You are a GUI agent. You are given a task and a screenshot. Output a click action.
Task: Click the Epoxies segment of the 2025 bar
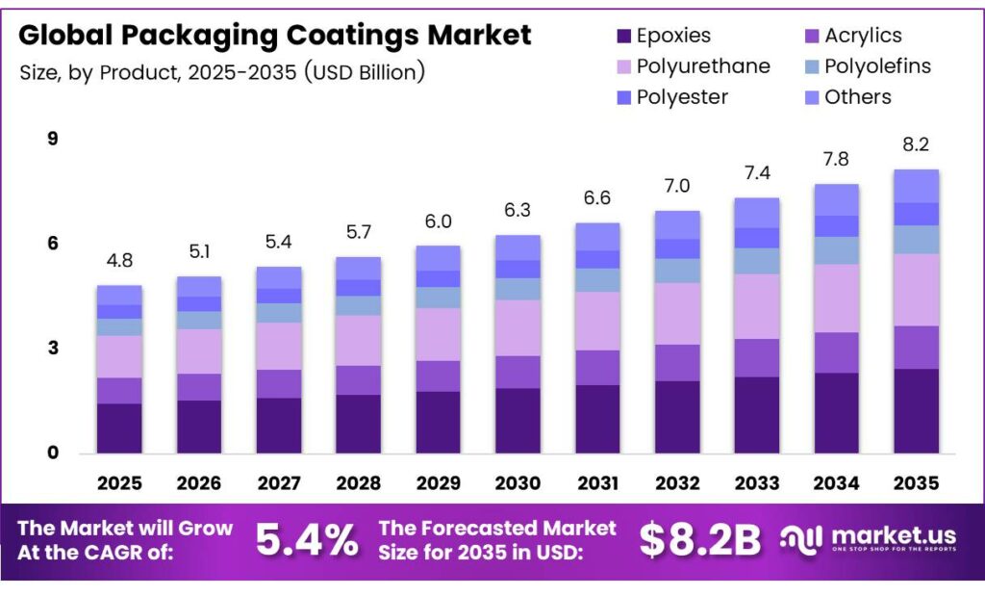pos(119,428)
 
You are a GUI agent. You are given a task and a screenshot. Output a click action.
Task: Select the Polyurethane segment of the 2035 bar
pos(916,290)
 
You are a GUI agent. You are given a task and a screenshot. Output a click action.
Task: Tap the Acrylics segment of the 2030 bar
pos(518,372)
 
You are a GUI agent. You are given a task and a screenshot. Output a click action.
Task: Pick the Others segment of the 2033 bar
pos(757,213)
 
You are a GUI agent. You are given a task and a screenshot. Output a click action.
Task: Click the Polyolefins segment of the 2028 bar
pos(358,305)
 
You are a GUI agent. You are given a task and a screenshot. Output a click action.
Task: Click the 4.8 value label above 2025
pos(119,260)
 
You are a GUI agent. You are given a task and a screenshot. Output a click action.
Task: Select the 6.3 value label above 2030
pos(518,210)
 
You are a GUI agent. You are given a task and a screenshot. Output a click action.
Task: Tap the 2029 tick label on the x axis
pos(438,481)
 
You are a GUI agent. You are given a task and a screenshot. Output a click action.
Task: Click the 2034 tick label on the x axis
pos(836,481)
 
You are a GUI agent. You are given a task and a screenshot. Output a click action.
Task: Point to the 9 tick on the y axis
pos(53,139)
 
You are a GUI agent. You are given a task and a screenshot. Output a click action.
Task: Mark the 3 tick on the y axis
pos(53,348)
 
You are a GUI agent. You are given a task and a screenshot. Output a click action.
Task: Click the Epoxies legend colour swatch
pos(622,37)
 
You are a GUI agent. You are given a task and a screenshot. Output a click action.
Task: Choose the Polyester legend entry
pos(682,97)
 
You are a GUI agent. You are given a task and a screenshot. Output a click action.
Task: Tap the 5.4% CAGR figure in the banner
pos(307,540)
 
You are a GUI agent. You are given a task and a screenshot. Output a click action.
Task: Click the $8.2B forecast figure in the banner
pos(700,540)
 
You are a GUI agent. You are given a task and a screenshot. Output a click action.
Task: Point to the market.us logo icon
pos(801,539)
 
